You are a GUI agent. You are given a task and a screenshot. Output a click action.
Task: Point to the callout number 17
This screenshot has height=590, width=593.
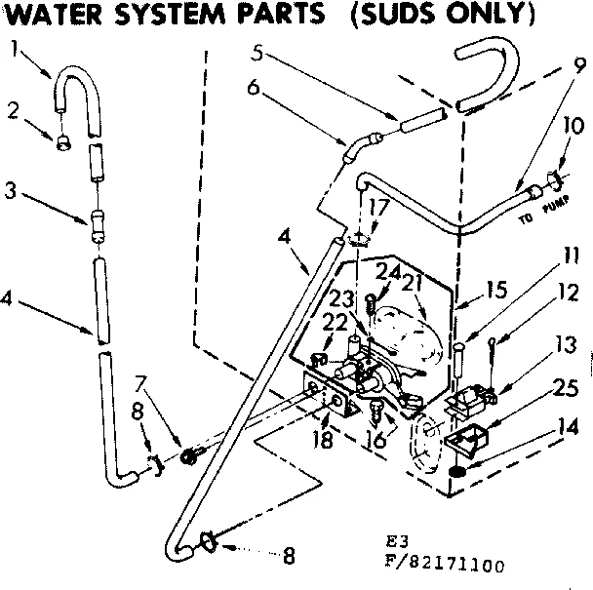coord(377,207)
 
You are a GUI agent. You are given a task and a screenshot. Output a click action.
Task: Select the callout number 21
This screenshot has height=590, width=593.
coord(413,282)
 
